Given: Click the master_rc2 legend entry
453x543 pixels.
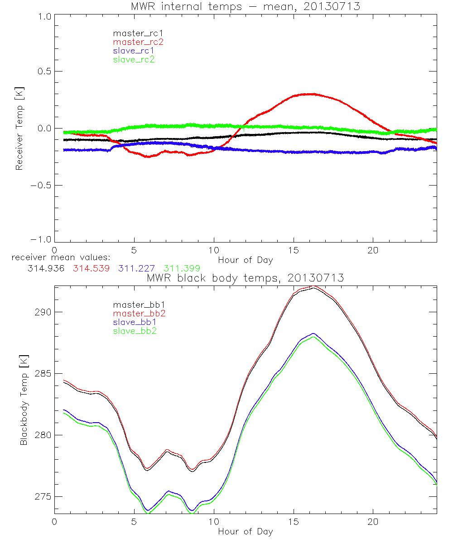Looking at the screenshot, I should click(138, 42).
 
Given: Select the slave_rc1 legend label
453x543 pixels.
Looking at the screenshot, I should click(134, 51).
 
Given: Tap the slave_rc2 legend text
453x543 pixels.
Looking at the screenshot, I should click(134, 59).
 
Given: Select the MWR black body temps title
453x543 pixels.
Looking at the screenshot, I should click(245, 278).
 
